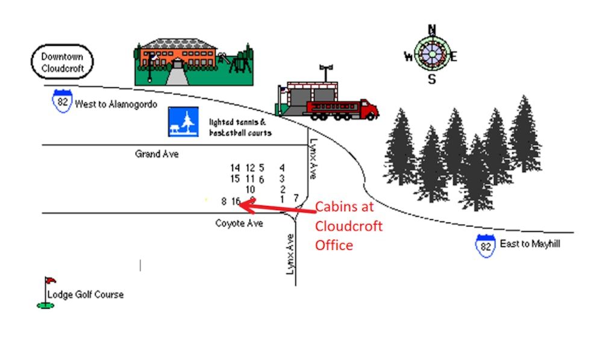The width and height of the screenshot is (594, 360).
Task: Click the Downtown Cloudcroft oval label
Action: click(x=62, y=62)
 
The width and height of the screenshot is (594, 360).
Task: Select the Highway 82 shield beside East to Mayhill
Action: click(x=486, y=245)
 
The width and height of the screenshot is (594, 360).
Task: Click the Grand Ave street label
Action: click(x=157, y=154)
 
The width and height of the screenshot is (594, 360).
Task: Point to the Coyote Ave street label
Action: click(x=239, y=223)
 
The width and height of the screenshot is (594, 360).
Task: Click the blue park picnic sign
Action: click(x=183, y=122)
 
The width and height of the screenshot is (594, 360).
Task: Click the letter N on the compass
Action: click(x=432, y=29)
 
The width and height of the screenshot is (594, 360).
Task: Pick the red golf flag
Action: click(x=51, y=281)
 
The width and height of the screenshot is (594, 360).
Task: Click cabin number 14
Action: click(x=235, y=168)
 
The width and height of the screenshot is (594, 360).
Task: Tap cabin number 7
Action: click(x=296, y=197)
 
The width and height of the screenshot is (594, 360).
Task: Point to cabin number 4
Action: click(x=282, y=168)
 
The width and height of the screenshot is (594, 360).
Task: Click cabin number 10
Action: click(x=250, y=189)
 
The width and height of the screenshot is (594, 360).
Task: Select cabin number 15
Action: click(x=235, y=179)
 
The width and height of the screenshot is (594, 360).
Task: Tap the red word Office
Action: click(x=334, y=245)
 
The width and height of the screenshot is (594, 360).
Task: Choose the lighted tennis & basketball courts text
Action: click(x=240, y=126)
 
